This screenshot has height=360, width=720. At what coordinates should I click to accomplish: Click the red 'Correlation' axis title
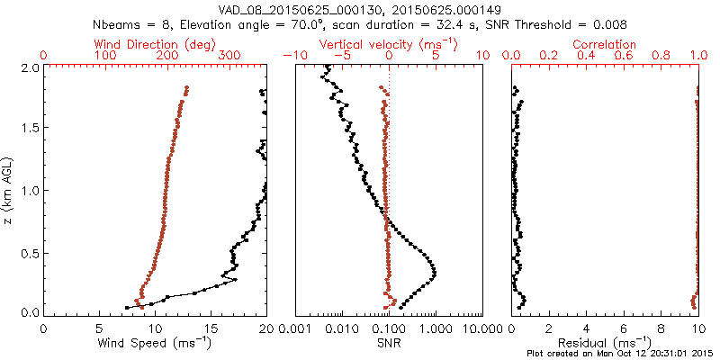point(607,44)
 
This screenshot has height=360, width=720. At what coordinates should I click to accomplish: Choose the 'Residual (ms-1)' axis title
point(606,343)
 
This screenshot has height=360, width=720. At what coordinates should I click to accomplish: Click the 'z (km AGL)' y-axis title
point(8,189)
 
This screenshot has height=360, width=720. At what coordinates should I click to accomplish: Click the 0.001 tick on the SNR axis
point(295,328)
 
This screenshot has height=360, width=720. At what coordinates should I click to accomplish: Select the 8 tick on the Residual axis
point(662,328)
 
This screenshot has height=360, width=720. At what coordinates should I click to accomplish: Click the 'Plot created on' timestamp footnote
point(621,354)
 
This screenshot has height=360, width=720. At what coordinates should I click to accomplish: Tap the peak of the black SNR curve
point(435,270)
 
